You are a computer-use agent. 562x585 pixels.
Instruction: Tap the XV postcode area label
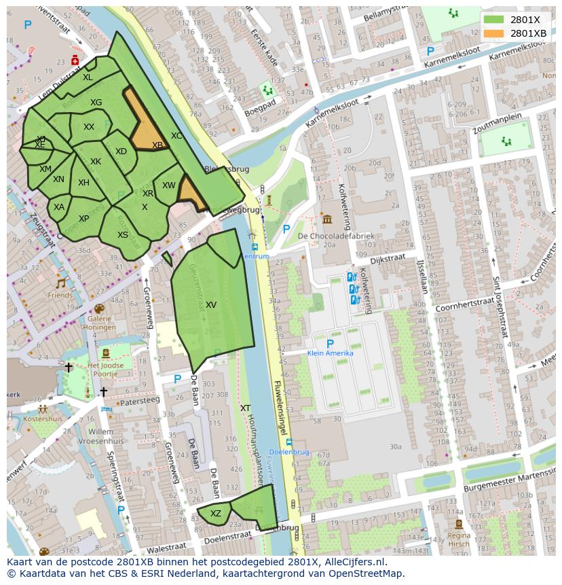(x=211, y=305)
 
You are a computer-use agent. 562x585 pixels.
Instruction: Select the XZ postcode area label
(x=216, y=514)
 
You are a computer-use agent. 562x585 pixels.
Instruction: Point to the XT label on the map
(x=245, y=408)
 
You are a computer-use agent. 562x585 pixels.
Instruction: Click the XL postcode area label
(x=88, y=77)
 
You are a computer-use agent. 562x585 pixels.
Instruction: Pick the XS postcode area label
(x=123, y=235)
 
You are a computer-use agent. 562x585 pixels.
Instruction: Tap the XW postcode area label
(x=169, y=185)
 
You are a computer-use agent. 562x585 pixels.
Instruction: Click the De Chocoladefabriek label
(x=336, y=236)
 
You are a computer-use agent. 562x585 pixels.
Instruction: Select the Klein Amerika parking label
(x=331, y=353)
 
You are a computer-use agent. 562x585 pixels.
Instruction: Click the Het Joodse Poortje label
(x=107, y=370)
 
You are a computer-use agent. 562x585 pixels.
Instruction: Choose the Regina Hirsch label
(x=460, y=539)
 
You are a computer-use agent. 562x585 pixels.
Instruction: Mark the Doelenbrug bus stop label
(x=289, y=452)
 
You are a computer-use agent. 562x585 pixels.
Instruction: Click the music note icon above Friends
(x=60, y=283)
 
